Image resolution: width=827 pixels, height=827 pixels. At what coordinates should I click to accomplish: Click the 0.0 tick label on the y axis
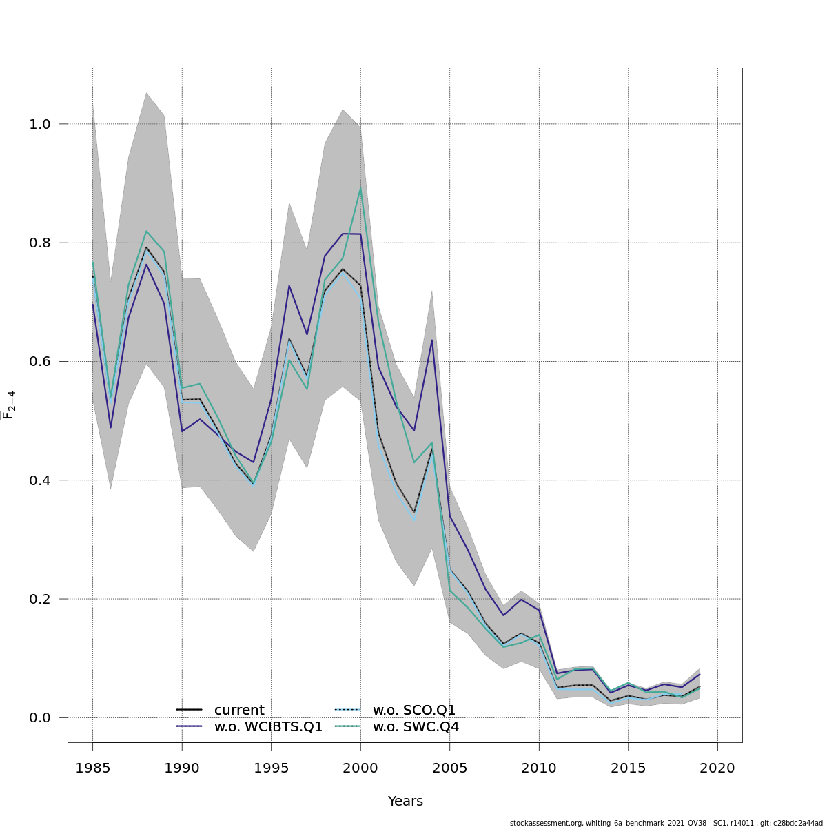(41, 717)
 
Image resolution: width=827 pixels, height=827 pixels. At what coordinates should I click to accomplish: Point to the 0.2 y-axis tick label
(41, 599)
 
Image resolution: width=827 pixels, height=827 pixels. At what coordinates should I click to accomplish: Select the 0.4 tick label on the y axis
(41, 480)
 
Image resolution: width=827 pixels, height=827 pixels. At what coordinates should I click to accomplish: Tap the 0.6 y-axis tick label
(41, 361)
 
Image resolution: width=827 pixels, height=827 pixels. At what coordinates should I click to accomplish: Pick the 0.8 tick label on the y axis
(41, 243)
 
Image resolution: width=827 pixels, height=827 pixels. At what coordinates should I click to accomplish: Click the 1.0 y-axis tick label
(41, 124)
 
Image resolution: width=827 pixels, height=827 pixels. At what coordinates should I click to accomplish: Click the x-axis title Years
(405, 801)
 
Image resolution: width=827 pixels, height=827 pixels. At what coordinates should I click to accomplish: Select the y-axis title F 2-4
(9, 405)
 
